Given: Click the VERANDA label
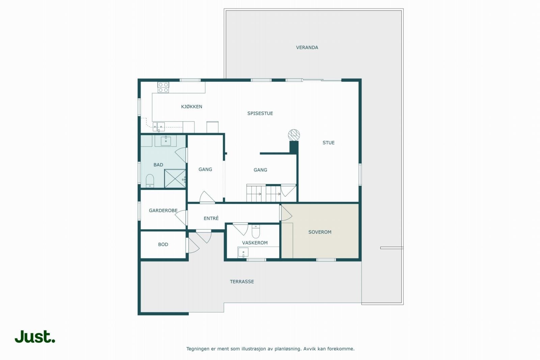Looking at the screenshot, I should click(x=307, y=48).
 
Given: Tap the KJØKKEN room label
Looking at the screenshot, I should click(x=191, y=107).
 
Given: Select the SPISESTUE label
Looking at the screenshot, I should click(x=260, y=113).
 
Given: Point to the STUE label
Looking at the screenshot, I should click(x=328, y=143).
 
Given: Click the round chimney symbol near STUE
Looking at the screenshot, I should click(x=294, y=135).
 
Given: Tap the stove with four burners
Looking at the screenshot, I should click(x=163, y=87).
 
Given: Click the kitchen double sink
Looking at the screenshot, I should click(x=158, y=127).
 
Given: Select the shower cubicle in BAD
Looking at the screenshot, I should click(x=175, y=178).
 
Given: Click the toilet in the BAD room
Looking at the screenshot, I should click(x=150, y=181).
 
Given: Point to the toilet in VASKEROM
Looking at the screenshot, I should click(x=256, y=231).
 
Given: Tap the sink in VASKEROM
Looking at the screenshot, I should click(x=243, y=252).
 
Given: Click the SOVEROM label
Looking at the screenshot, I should click(x=320, y=232).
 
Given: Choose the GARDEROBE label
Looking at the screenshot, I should click(x=163, y=211).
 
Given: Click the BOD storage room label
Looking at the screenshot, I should click(x=163, y=245).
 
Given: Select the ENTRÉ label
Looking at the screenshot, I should click(x=211, y=218).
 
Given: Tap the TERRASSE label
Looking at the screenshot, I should click(x=242, y=281).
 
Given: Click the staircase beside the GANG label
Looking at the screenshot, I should click(x=263, y=193).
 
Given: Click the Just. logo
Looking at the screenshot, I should click(x=35, y=336).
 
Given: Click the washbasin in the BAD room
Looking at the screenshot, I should click(x=165, y=141).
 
